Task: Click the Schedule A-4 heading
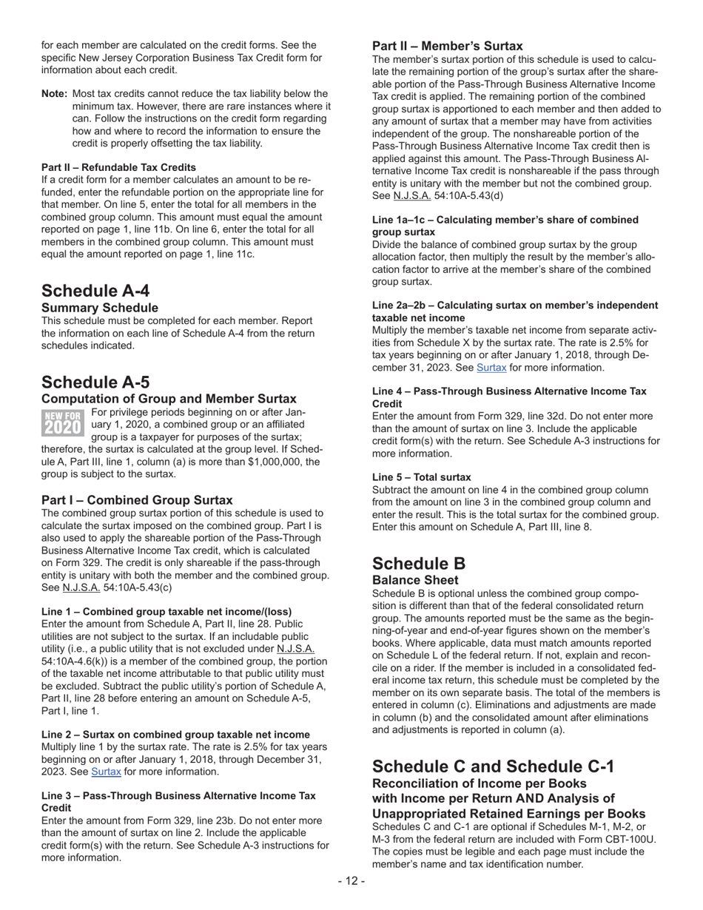coord(95,291)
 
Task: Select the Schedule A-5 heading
coord(95,382)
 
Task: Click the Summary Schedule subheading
coord(99,308)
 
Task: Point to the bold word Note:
coord(55,94)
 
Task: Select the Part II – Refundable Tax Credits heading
coord(118,167)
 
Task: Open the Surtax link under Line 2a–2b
coord(491,368)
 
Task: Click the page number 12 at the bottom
coord(351,880)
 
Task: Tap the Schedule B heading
coord(419,563)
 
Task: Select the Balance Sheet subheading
coord(415,580)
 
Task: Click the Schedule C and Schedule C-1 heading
coord(493,766)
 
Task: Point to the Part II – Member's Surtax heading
coord(447,46)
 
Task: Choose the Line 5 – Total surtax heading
coord(421,477)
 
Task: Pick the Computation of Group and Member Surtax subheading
coord(169,399)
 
